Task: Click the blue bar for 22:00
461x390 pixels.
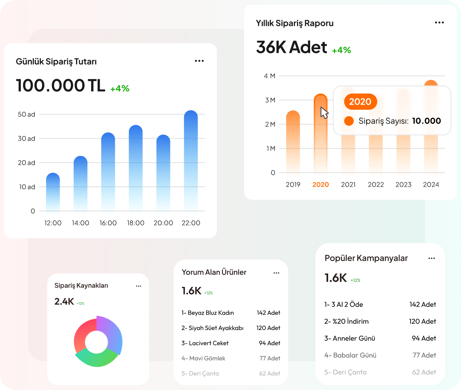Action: [x=191, y=160]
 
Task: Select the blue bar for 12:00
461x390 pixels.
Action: [x=53, y=192]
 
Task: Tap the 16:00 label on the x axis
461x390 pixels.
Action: [x=108, y=223]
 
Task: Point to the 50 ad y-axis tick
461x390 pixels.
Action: [x=26, y=114]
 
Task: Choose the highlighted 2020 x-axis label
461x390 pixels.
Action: [x=321, y=185]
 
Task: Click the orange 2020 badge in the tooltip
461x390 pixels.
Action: [x=360, y=101]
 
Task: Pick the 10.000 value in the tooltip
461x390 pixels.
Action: [x=426, y=121]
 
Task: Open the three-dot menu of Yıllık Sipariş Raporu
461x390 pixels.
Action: [x=439, y=23]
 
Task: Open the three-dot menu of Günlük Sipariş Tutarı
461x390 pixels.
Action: [x=199, y=61]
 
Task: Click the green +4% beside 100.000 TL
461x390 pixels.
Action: [x=120, y=89]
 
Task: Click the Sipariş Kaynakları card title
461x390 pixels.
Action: [x=81, y=286]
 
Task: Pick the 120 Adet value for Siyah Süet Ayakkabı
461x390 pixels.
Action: [x=268, y=328]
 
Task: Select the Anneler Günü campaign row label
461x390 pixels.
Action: [x=350, y=338]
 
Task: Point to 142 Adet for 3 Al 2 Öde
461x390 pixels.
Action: [x=423, y=304]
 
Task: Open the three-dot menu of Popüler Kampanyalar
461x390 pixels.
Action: [x=431, y=259]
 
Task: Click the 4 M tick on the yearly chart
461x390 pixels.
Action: [x=269, y=76]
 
